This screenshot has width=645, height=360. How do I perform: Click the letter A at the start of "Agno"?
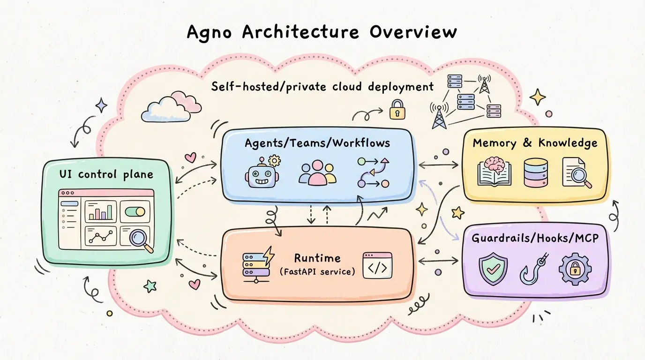click(194, 32)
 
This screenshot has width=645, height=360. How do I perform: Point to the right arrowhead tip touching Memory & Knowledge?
click(458, 165)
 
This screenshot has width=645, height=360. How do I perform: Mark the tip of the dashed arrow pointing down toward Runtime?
click(311, 224)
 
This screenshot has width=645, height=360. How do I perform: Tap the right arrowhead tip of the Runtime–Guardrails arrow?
click(458, 261)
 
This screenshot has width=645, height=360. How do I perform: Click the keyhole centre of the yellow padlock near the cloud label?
click(397, 112)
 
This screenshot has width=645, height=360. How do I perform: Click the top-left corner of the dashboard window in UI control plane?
click(59, 190)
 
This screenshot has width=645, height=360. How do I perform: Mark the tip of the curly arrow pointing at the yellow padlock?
click(383, 110)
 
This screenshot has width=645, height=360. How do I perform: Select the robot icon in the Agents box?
click(262, 172)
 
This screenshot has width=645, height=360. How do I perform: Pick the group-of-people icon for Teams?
click(317, 172)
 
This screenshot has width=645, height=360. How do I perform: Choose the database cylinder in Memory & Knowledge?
click(536, 172)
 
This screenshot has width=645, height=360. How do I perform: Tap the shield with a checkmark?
click(493, 269)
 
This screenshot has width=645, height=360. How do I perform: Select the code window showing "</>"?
click(377, 265)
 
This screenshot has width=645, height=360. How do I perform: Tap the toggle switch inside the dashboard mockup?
click(135, 212)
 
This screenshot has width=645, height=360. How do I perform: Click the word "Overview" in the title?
click(413, 32)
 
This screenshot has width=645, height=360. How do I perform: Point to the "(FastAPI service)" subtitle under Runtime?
click(317, 271)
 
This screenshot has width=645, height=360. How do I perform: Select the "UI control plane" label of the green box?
click(106, 174)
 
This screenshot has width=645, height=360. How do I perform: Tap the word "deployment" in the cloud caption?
click(401, 87)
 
